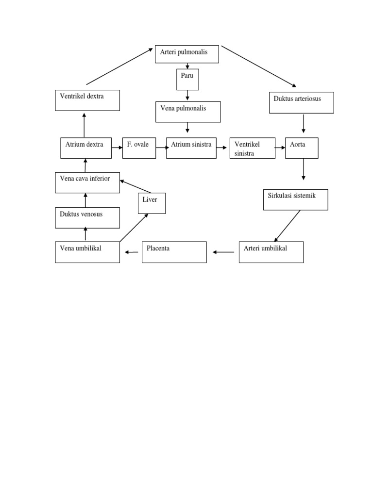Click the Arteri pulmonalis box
click(187, 54)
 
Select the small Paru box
click(187, 80)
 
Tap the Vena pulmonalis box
click(188, 112)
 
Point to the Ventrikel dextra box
click(87, 100)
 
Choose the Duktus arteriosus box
click(301, 102)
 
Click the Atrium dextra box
click(86, 148)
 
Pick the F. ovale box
click(139, 148)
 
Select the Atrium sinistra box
click(191, 148)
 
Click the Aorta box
click(302, 148)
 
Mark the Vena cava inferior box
click(87, 182)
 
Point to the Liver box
click(152, 203)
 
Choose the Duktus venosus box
click(87, 217)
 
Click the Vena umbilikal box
click(87, 252)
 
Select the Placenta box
click(174, 252)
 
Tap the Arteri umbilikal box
click(271, 252)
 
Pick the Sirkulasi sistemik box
click(295, 199)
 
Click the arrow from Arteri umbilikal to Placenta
click(223, 252)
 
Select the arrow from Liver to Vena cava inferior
click(136, 186)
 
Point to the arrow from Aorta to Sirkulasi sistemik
click(304, 169)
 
